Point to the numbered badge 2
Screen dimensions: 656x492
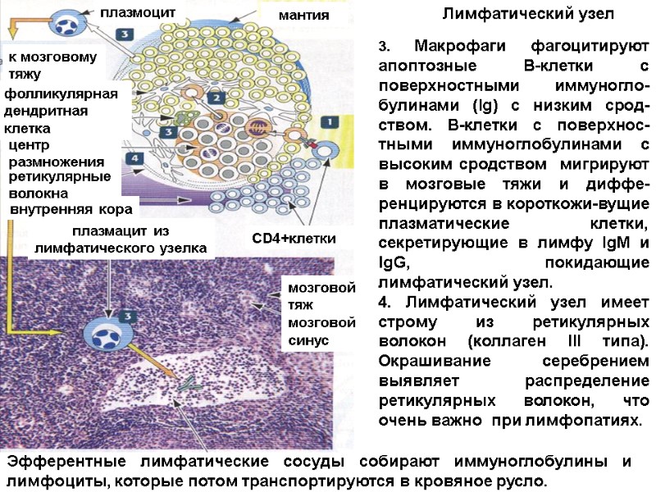(x=216, y=98)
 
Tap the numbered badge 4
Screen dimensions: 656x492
(x=134, y=157)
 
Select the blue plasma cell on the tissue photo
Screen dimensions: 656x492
(x=107, y=335)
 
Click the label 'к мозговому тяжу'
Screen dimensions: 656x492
(x=52, y=66)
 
